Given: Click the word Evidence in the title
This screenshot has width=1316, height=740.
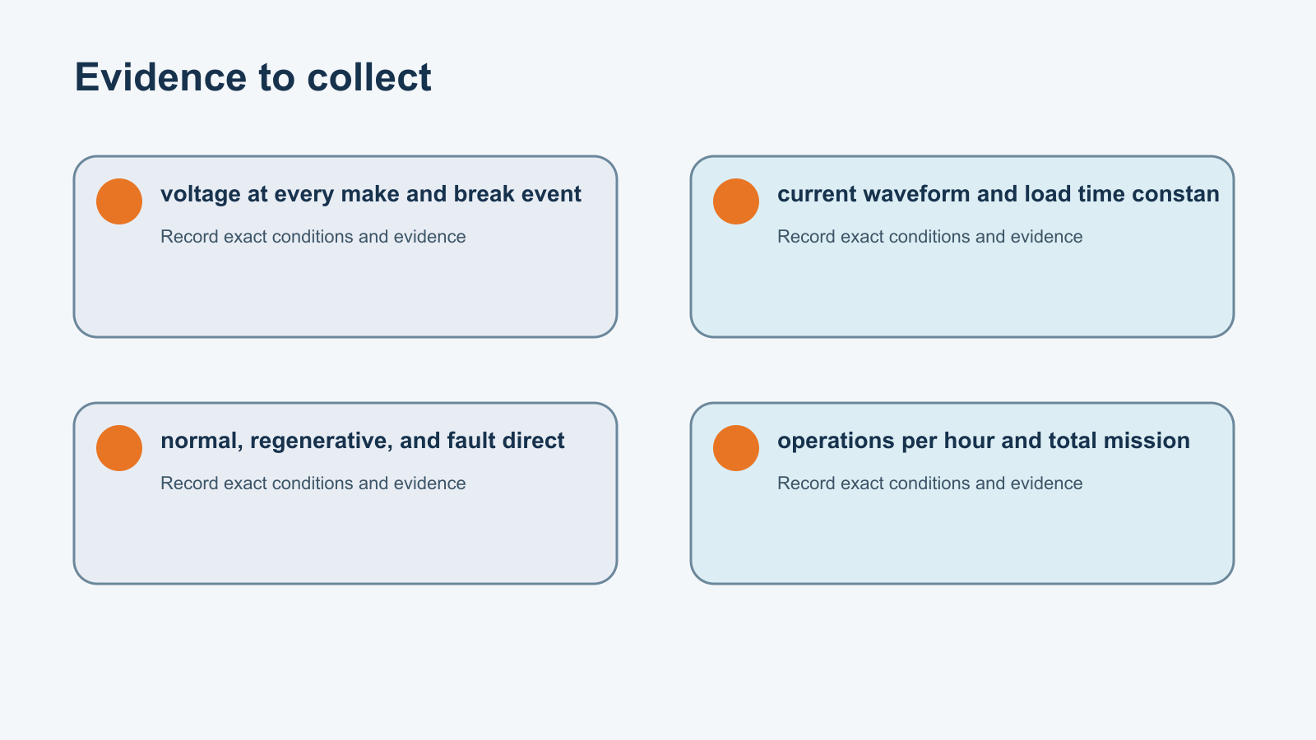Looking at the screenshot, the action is click(160, 77).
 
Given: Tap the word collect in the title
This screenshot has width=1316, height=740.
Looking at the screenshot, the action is click(369, 77).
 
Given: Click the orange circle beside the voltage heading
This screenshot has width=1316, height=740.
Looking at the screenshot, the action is click(119, 201).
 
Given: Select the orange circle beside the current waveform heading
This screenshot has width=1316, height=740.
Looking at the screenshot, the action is click(736, 201).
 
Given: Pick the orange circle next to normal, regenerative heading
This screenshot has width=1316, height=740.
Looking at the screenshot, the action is click(119, 448).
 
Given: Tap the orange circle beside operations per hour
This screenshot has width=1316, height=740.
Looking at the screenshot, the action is click(736, 448).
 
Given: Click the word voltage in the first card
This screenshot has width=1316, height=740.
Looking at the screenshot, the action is click(201, 194).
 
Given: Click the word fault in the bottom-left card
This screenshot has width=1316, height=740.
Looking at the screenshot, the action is click(476, 441).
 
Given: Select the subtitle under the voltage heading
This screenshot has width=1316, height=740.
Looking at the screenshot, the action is click(313, 237).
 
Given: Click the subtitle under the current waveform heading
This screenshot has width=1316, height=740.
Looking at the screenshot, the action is click(930, 237).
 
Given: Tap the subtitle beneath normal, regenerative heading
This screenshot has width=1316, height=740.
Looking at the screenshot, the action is click(313, 483).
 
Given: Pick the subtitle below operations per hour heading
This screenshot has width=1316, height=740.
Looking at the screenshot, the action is click(930, 483).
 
